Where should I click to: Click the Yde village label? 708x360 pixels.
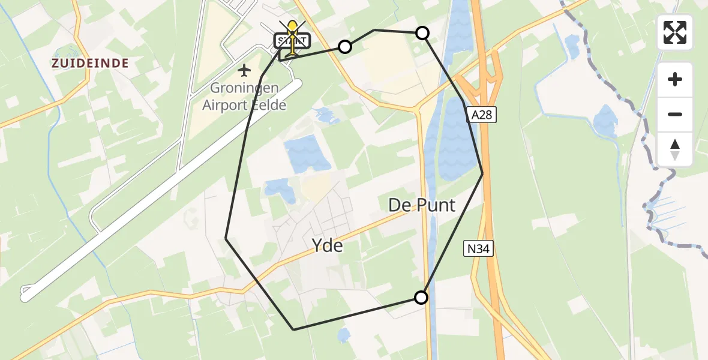pos(328,245)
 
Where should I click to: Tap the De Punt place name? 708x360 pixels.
pos(422,205)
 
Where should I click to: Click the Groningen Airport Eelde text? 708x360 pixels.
pos(244,97)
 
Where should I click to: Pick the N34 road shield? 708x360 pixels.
pos(479,248)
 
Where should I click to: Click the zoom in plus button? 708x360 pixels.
pos(675,79)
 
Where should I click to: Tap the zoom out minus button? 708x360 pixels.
pos(675,114)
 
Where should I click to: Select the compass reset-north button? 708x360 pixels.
pos(675,149)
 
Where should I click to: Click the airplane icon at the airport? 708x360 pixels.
pos(244,71)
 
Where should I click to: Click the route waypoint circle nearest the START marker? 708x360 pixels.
pos(345,46)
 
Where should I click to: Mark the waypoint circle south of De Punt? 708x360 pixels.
pos(421,297)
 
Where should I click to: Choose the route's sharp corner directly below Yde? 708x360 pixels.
pos(293,329)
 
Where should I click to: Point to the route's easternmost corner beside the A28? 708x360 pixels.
pos(482,173)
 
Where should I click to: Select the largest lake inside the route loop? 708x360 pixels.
pos(308,154)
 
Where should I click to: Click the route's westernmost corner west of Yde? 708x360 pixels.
pos(226,239)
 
